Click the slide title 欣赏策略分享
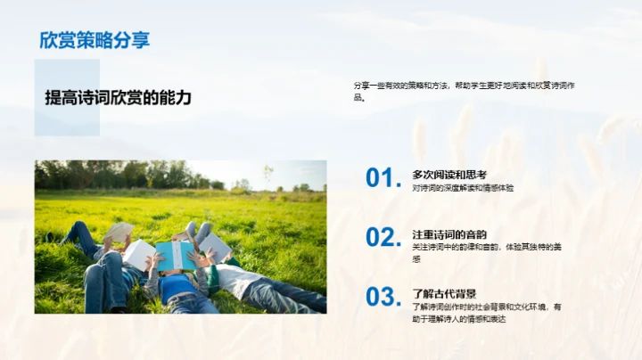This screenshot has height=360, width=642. coord(94,40)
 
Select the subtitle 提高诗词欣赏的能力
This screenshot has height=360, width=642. coord(119,98)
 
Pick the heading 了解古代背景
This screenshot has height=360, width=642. coord(444,293)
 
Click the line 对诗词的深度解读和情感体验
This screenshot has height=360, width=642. coord(463,188)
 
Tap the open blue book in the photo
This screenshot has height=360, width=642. coord(176,255)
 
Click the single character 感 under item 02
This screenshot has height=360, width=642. coord(416,259)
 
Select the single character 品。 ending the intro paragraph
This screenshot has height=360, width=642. coord(359,98)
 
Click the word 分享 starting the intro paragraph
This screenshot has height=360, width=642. coord(361,86)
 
